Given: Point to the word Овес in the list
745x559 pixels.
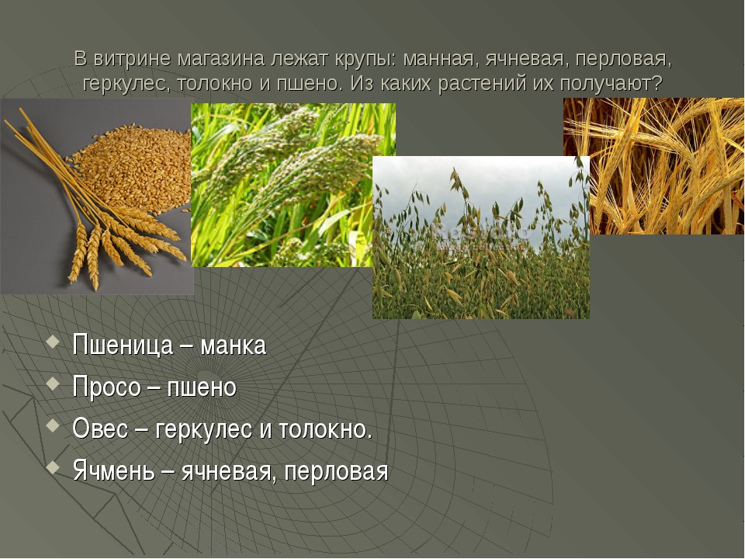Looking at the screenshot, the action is point(101,429).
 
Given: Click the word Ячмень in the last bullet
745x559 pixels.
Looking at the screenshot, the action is point(114,471).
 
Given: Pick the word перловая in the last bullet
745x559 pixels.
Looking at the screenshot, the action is point(336,472).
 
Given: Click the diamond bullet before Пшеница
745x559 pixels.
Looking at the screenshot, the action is point(54,342).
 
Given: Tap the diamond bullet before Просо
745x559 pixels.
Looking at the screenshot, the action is point(54,384).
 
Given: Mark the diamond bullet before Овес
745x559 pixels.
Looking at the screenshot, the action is point(54,426).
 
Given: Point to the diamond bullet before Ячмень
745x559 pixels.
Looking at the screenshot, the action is point(54,467).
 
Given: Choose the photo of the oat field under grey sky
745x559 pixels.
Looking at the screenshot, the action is point(481,238).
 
